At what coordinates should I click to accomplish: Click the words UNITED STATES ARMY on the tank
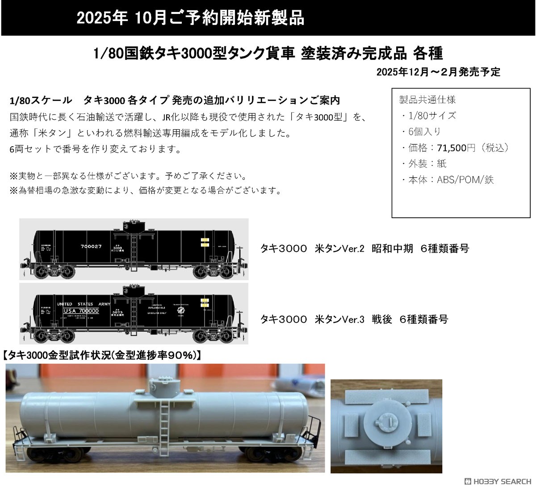[83, 304]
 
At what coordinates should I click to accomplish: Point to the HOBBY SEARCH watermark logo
[498, 482]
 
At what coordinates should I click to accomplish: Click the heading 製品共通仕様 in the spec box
[427, 100]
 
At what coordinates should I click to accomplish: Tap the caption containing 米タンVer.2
[364, 249]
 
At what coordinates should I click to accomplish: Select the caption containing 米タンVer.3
[354, 319]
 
